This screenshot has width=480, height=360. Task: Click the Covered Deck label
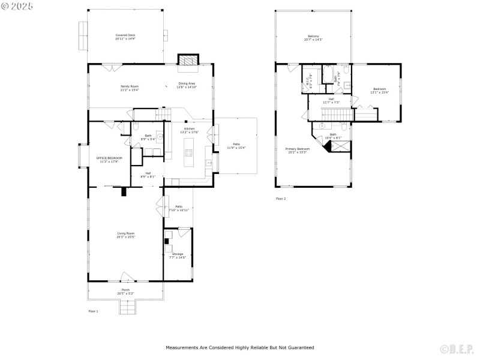coord(125,35)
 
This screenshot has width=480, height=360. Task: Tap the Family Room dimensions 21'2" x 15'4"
coord(130,90)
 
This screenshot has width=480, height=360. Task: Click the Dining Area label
coord(186,83)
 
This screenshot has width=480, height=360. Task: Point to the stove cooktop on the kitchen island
coord(189,152)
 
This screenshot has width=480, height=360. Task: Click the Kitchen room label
coord(189,129)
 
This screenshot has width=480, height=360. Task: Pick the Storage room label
coord(178,254)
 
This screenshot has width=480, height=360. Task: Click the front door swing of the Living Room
coord(127,277)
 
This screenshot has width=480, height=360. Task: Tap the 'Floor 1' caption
coord(93,311)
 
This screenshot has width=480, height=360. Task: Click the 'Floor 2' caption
coord(281,199)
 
